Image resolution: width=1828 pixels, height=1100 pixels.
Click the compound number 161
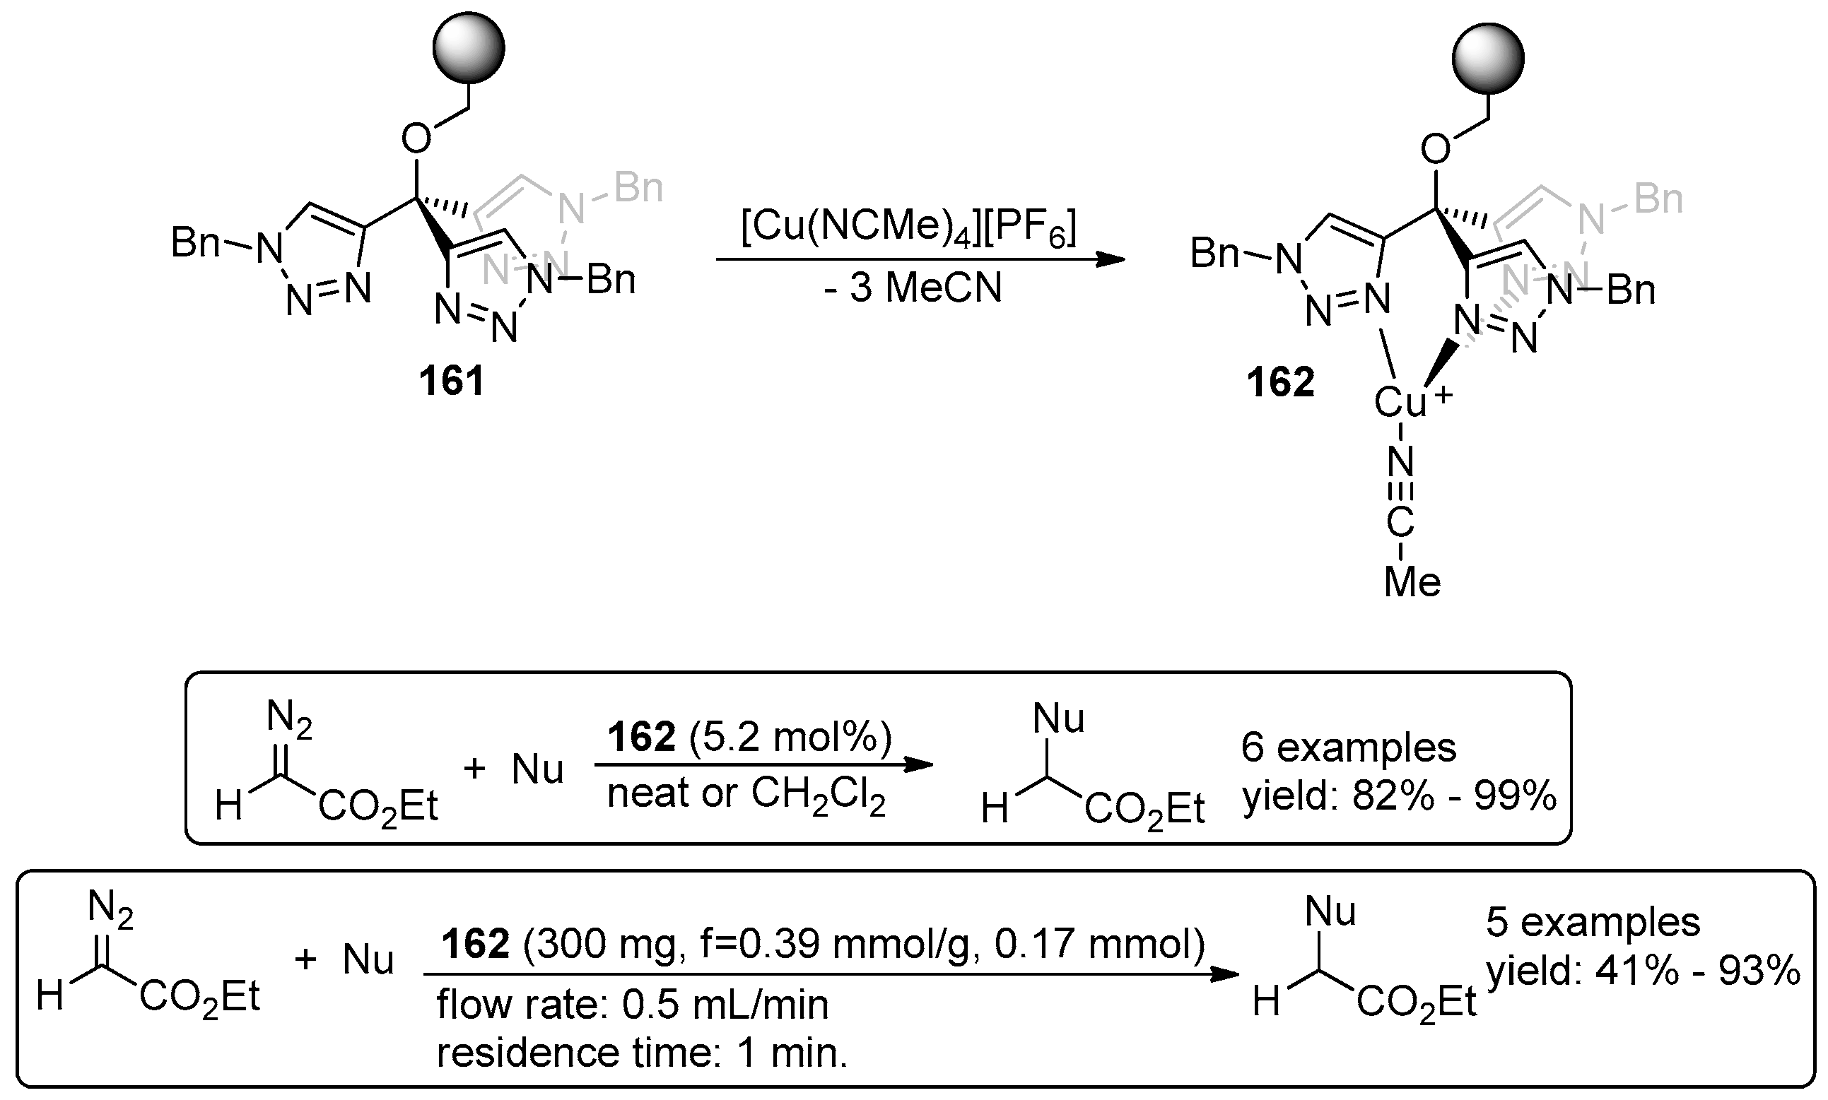(451, 382)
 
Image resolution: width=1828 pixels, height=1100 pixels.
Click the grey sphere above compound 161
(469, 47)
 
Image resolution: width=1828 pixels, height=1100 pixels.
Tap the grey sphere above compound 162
(1487, 58)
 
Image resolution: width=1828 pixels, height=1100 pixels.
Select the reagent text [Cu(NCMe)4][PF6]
(908, 226)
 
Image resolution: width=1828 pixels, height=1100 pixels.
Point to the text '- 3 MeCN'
(912, 288)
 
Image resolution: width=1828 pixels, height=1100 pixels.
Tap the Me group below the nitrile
(1412, 583)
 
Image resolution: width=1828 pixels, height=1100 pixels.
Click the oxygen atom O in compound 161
(416, 138)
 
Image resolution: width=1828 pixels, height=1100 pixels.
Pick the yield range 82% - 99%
(1399, 797)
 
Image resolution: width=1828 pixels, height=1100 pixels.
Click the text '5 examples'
(1593, 923)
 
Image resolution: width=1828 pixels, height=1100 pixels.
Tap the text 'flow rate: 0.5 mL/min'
(632, 1005)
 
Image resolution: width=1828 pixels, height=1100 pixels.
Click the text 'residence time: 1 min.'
(641, 1053)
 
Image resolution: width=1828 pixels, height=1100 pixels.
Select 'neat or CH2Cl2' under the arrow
(746, 796)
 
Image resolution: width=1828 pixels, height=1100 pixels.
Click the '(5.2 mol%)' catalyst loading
(790, 738)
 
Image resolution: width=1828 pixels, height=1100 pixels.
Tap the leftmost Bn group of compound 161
(195, 242)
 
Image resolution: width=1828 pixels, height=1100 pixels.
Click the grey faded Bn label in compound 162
(1658, 199)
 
